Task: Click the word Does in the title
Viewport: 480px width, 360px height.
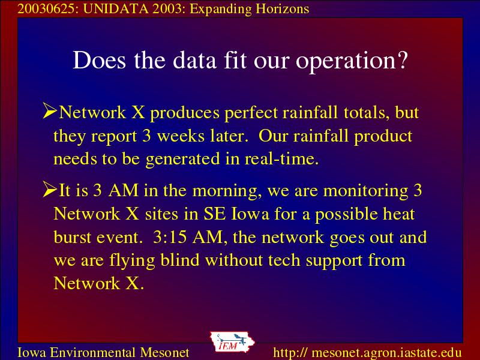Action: [99, 60]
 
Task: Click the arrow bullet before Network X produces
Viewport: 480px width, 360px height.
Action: [50, 110]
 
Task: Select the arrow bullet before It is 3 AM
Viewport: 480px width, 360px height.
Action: [50, 188]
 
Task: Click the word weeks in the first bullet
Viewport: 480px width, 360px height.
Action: [181, 136]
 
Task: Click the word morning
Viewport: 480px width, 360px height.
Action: [227, 191]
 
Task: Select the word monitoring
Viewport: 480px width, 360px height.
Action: [366, 191]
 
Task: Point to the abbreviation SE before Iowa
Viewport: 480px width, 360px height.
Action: [215, 214]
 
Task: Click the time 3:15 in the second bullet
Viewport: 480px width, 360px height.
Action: [170, 237]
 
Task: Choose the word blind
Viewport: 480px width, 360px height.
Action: [180, 260]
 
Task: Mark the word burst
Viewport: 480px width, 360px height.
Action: [73, 237]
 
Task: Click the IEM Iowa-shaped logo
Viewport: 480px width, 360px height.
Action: [232, 341]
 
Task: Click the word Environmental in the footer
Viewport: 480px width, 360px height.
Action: [93, 352]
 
